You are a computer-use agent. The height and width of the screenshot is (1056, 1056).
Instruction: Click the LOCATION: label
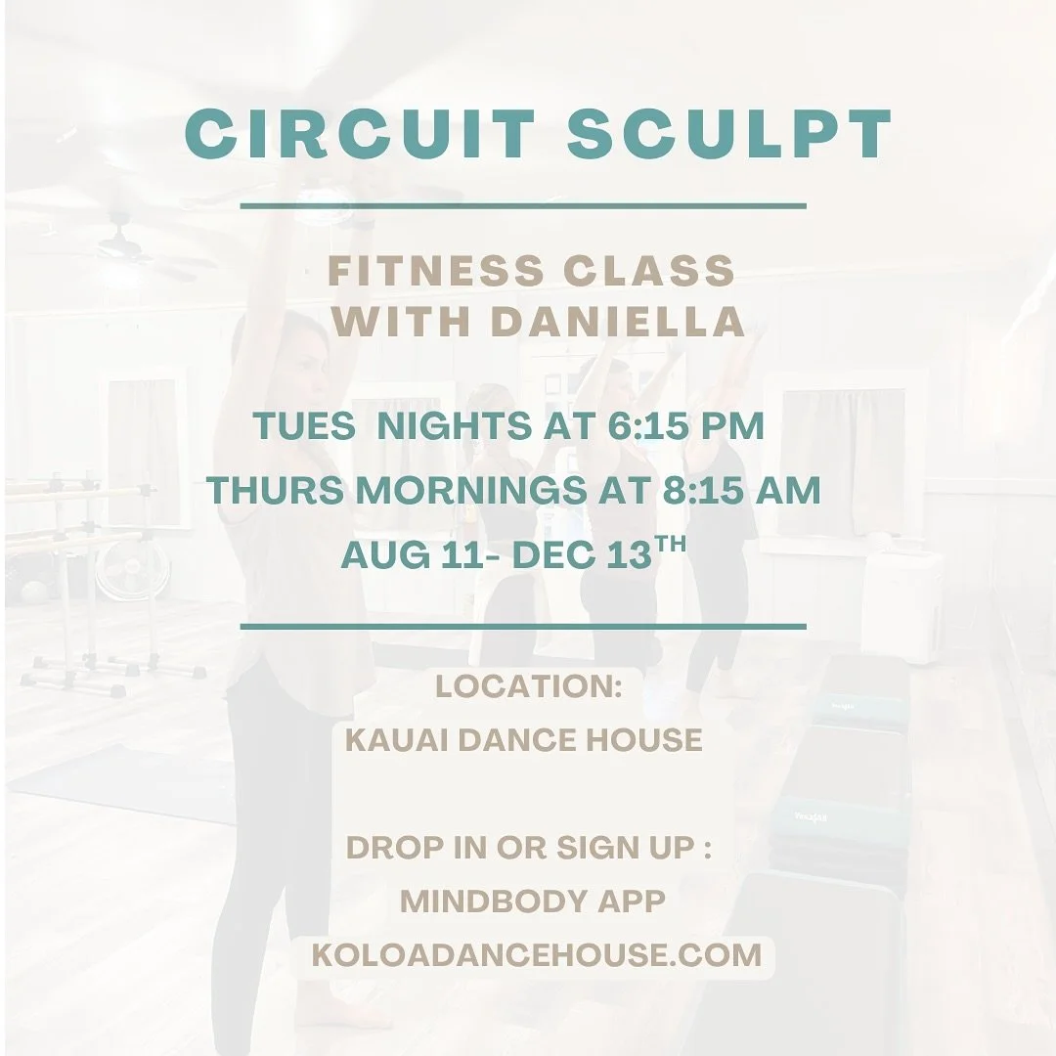point(529,686)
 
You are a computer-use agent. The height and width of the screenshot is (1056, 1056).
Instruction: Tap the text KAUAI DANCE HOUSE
point(524,740)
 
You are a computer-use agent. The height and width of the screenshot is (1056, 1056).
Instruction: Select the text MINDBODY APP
point(533,902)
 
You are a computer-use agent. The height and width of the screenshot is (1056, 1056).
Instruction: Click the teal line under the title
point(523,206)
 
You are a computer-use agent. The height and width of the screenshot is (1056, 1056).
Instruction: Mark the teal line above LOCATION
point(523,626)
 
